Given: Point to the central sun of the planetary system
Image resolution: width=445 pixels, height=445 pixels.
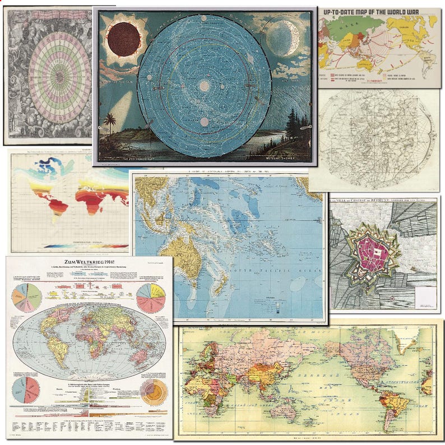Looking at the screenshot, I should [x=204, y=86].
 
